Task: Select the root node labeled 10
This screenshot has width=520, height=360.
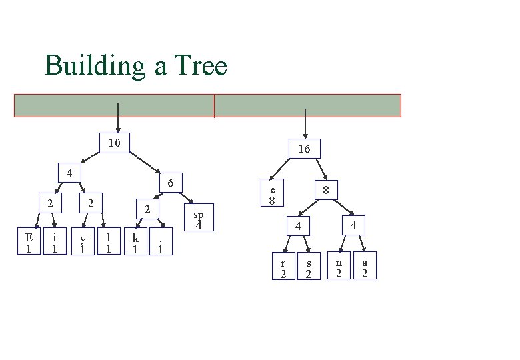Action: (x=114, y=143)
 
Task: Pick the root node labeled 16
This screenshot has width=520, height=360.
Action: (x=304, y=149)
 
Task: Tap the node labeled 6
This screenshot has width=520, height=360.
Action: (x=170, y=182)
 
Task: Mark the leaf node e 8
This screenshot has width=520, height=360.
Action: (x=272, y=193)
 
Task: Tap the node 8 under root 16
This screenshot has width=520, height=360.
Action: (x=326, y=190)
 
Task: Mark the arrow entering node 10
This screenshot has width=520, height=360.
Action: (x=118, y=118)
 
